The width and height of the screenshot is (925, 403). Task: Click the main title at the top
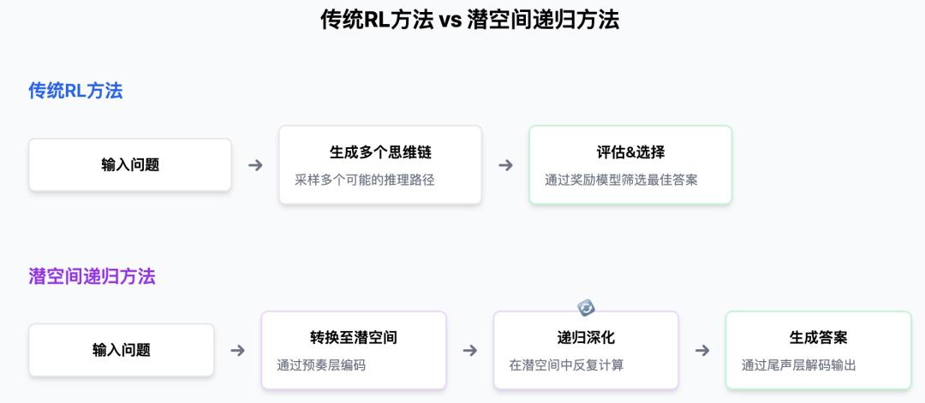(x=469, y=21)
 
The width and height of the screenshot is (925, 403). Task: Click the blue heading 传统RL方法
(x=75, y=91)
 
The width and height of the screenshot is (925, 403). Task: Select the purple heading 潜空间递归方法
(x=92, y=276)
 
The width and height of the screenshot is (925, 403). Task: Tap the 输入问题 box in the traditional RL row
(x=130, y=165)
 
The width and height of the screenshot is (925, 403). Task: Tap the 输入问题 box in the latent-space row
(x=121, y=350)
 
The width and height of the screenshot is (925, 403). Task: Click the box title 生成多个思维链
(x=380, y=152)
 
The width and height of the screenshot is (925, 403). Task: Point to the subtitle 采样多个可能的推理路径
(x=365, y=180)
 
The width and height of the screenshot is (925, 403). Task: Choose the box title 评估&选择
(x=630, y=152)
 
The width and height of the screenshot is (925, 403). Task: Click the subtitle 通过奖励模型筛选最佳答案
(x=621, y=180)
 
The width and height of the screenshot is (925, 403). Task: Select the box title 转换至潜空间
(x=354, y=338)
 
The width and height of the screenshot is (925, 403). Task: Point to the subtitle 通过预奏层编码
(x=321, y=365)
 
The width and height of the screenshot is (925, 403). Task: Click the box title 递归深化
(x=586, y=338)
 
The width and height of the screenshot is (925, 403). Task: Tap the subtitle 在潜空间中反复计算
(x=566, y=365)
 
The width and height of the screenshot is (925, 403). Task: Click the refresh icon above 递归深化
(x=586, y=307)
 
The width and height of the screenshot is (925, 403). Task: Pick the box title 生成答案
(x=818, y=338)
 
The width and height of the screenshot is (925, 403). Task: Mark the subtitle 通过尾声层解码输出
(x=799, y=365)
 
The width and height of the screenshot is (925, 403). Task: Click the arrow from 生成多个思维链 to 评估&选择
(x=505, y=165)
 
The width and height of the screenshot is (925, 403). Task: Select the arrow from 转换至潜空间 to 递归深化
(x=469, y=351)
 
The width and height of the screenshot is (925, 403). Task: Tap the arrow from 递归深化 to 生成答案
(x=702, y=351)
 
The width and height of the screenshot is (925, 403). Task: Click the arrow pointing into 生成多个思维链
(x=255, y=165)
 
